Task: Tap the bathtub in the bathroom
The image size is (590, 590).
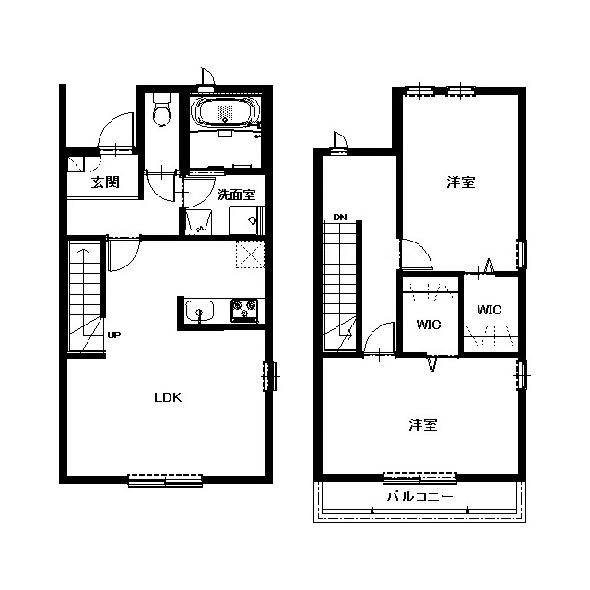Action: [x=225, y=112]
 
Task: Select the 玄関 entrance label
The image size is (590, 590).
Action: [x=105, y=183]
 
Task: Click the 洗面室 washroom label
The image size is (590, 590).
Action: [x=237, y=195]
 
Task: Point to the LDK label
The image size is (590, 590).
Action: [x=168, y=397]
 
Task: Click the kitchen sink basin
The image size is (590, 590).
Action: [x=199, y=312]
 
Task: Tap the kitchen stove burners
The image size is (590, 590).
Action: [x=244, y=311]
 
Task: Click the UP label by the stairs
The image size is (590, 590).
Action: [x=114, y=335]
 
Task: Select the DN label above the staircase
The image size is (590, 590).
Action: [x=340, y=218]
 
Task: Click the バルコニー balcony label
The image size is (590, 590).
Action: [x=420, y=497]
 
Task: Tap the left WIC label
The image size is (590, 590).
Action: [x=429, y=324]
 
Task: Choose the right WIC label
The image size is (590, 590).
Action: [x=490, y=310]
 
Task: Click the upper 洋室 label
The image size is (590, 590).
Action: [x=461, y=183]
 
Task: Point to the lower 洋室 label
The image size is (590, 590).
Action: [x=423, y=425]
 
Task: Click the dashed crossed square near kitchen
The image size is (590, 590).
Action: [x=250, y=254]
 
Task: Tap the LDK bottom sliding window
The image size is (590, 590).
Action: [x=165, y=480]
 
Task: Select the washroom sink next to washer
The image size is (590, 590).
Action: [x=199, y=222]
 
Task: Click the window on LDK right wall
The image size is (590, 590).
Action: [x=269, y=376]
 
